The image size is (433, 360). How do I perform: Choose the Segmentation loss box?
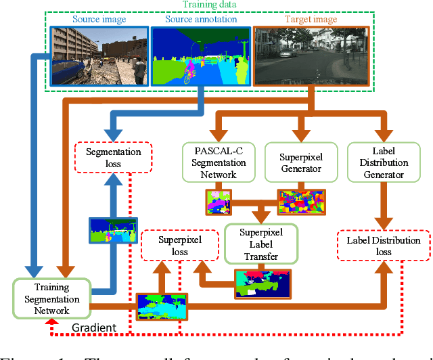point(114,158)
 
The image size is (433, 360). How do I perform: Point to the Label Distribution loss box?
point(384,246)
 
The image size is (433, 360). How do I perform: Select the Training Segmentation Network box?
point(51,298)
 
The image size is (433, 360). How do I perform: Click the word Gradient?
point(94,328)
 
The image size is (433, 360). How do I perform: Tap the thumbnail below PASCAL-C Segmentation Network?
point(219,202)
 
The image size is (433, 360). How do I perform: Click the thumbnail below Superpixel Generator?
point(302,202)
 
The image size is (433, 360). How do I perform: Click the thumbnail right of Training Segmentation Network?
point(162,307)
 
